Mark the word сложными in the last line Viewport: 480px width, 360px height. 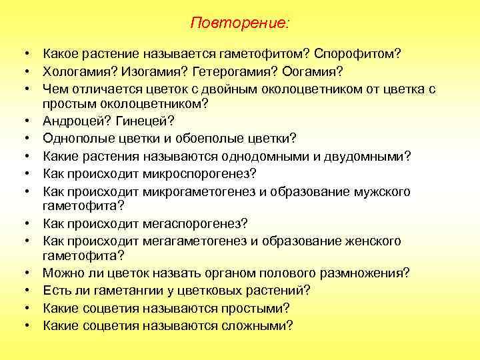click(255, 325)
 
